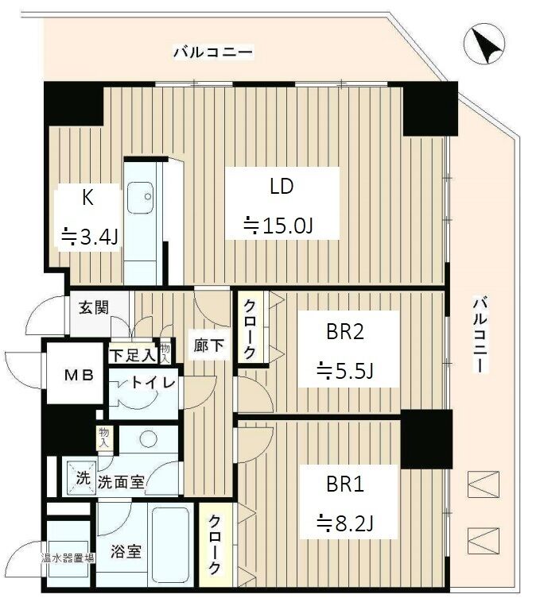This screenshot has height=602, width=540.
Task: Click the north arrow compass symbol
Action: [484, 44]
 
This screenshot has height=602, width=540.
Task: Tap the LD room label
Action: [282, 186]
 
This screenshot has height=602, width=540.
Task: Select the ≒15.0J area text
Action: [278, 225]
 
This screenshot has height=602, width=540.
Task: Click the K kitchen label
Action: [87, 198]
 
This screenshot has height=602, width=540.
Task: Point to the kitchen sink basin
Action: [140, 197]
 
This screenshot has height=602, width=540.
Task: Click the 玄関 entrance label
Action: [94, 307]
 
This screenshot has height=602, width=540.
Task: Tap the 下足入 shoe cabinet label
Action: [133, 355]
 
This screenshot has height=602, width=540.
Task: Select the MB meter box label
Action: [79, 375]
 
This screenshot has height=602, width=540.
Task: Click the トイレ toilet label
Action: [153, 382]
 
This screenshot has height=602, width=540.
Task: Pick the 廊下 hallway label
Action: [208, 345]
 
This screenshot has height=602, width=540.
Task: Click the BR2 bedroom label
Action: [344, 332]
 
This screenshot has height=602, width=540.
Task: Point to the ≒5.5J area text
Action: [344, 371]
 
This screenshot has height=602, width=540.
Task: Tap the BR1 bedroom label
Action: [344, 484]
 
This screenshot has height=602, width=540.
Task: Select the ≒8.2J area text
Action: [344, 523]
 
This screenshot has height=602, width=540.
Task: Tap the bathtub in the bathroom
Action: [171, 545]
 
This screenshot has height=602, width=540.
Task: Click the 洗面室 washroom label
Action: [121, 482]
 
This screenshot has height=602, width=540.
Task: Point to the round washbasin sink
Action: [148, 439]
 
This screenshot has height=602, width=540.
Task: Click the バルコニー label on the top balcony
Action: [213, 52]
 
